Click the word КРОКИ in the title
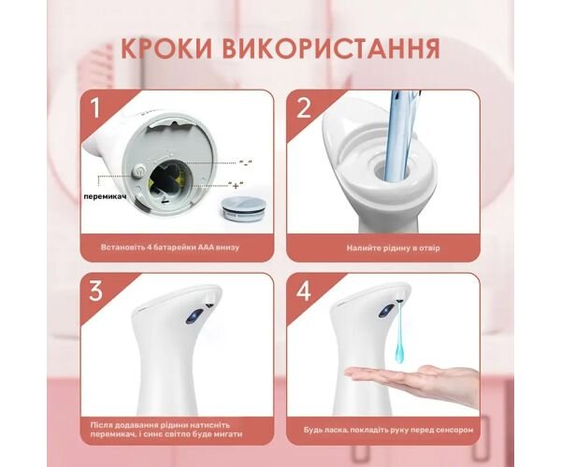pyautogui.click(x=166, y=49)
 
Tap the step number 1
pyautogui.click(x=94, y=108)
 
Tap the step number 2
pyautogui.click(x=304, y=108)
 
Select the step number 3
pyautogui.click(x=95, y=291)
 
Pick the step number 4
pyautogui.click(x=304, y=291)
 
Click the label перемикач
pyautogui.click(x=105, y=196)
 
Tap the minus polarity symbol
pyautogui.click(x=245, y=163)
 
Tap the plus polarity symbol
pyautogui.click(x=236, y=185)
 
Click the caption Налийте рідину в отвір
pyautogui.click(x=393, y=248)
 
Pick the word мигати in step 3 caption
pyautogui.click(x=230, y=434)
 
